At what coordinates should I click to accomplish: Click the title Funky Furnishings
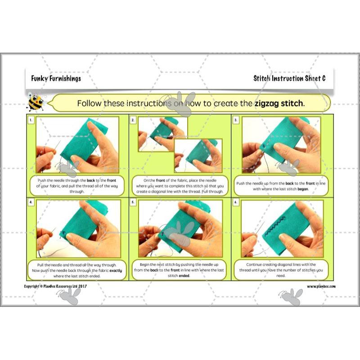point(56,78)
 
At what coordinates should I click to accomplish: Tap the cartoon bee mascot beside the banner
point(36,102)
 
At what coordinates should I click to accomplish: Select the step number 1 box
point(31,120)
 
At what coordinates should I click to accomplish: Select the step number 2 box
point(133,120)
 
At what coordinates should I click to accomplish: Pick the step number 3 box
point(236,120)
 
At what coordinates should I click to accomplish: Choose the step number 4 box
point(31,202)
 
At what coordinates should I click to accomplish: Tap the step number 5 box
point(133,202)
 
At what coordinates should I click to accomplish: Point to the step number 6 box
point(236,202)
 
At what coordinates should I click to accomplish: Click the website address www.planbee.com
point(321,286)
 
